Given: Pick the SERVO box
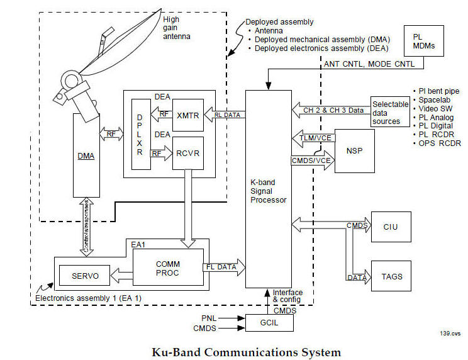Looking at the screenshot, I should point(84,275).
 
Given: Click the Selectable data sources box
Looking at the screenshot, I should point(386,112).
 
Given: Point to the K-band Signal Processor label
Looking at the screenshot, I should point(268,191).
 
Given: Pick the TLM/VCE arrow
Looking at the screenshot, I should point(313,137).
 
